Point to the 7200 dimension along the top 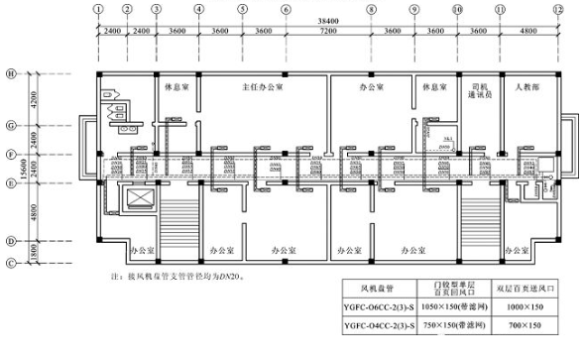tap(328, 32)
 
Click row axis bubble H tap(11, 73)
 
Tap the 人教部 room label tap(527, 86)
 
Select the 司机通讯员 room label tap(481, 91)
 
